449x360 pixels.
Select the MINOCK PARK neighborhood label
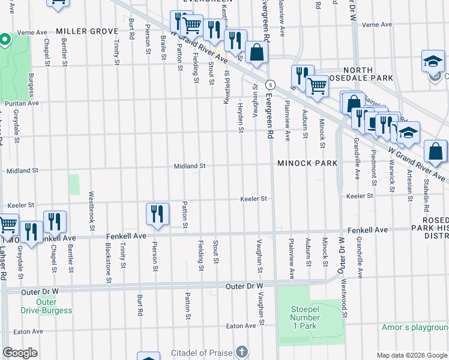point(307,163)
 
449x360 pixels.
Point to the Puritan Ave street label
point(22,103)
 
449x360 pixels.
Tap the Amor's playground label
point(415,328)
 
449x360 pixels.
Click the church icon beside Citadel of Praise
point(241,351)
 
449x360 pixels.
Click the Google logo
point(20,353)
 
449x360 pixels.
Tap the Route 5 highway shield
point(271,83)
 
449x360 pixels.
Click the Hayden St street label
point(241,117)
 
